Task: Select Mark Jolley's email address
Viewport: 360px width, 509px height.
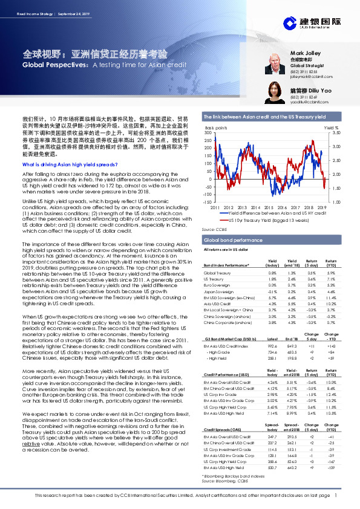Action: click(312, 77)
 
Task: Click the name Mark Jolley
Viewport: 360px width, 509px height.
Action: click(316, 53)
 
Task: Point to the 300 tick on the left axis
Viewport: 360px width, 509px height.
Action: click(209, 132)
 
